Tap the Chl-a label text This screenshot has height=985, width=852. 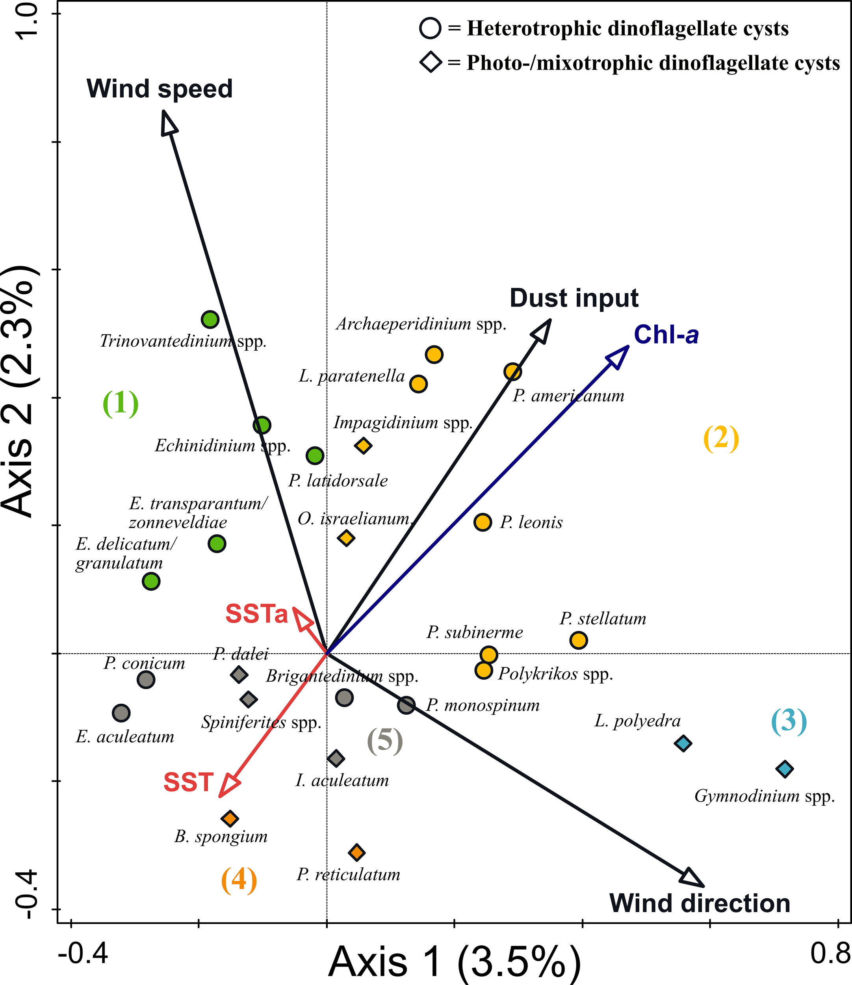pos(666,335)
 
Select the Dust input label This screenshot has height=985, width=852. pos(574,298)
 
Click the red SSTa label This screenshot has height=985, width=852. pos(257,613)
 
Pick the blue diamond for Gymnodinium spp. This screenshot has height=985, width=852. pos(785,769)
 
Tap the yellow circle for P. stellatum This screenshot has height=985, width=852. pos(578,640)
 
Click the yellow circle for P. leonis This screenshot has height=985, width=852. pos(483,522)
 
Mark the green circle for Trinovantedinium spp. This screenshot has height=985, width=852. pos(210,319)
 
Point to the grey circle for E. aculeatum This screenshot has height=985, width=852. pos(121,713)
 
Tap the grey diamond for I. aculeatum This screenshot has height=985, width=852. pos(336,758)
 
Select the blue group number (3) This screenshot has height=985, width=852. pos(788,721)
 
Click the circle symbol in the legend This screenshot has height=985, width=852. pos(430,28)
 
